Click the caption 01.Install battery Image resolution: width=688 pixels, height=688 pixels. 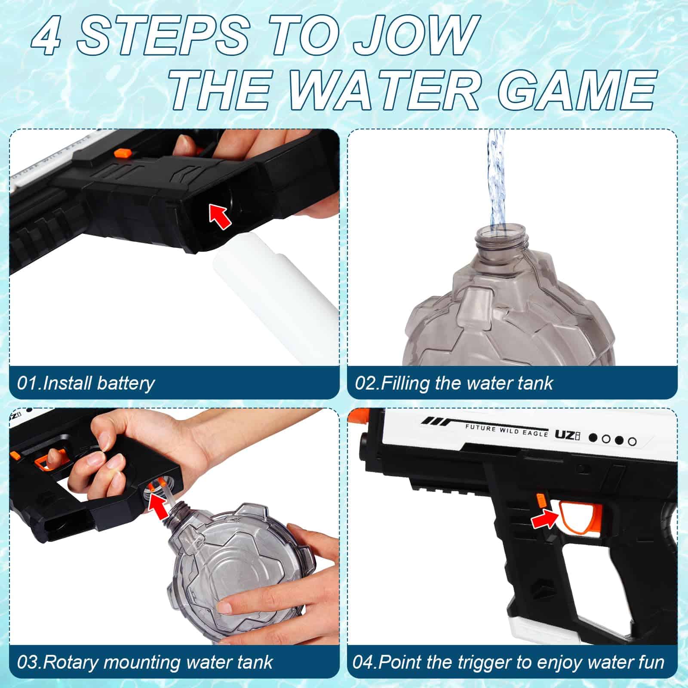coord(86,383)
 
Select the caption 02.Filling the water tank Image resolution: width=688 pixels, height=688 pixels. coord(454,383)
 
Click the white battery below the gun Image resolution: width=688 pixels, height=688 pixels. coord(275,297)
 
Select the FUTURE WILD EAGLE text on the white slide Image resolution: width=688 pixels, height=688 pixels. coord(507,430)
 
